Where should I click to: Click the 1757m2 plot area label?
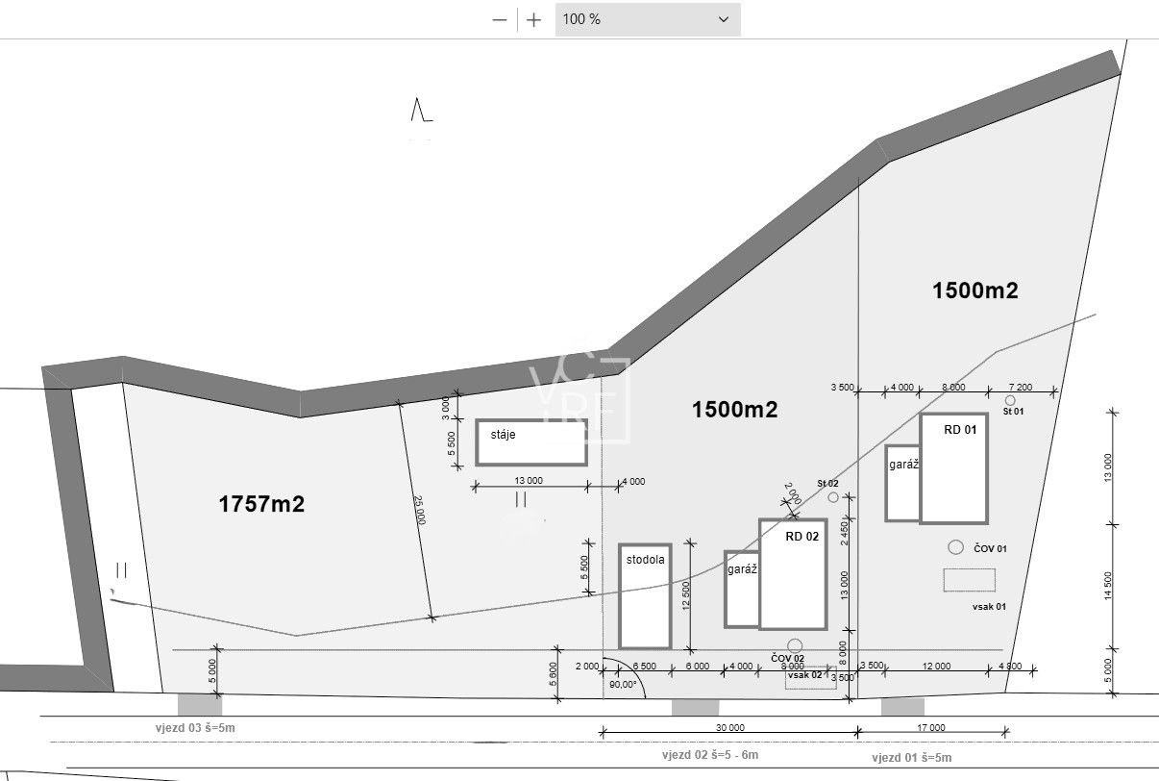coord(261,503)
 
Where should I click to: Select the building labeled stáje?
coord(530,442)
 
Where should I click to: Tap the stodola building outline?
coord(645,596)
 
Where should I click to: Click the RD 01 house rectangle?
coord(953,468)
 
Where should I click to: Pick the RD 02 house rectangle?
coord(793,574)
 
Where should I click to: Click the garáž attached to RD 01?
coord(902,483)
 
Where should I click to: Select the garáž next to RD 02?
coord(741,589)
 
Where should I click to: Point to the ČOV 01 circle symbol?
coord(955,547)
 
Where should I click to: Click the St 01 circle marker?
coord(1010,400)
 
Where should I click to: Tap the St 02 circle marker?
coord(833,496)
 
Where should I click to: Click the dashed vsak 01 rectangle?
coord(969,580)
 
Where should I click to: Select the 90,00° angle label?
coord(624,685)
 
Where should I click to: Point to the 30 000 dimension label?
coord(728,728)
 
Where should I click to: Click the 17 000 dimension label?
coord(930,728)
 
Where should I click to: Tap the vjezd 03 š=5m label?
coord(195,728)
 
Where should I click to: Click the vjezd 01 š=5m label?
coord(912,758)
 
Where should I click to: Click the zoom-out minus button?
coord(500,19)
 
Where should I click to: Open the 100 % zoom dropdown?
coord(647,19)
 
